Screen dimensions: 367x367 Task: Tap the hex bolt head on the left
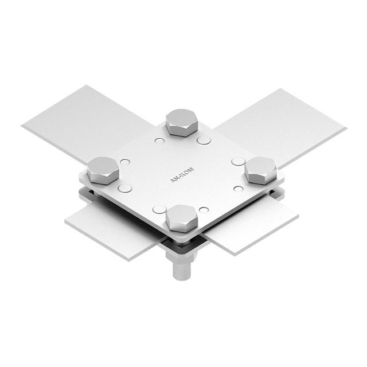coord(103,170)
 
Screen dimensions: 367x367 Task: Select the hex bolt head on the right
coord(261,170)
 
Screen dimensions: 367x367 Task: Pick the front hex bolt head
coord(182,218)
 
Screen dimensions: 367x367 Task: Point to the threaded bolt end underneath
coord(181,269)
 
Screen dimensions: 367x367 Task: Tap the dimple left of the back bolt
coord(159,140)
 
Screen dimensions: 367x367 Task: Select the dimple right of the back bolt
coord(204,140)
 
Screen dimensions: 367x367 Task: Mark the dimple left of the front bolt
coord(158,209)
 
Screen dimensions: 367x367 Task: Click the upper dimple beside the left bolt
coord(124,162)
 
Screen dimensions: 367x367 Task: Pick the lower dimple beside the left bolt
coord(124,188)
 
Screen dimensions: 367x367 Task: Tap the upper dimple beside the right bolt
coord(238,162)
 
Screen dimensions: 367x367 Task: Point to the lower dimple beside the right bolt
coord(239,188)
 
